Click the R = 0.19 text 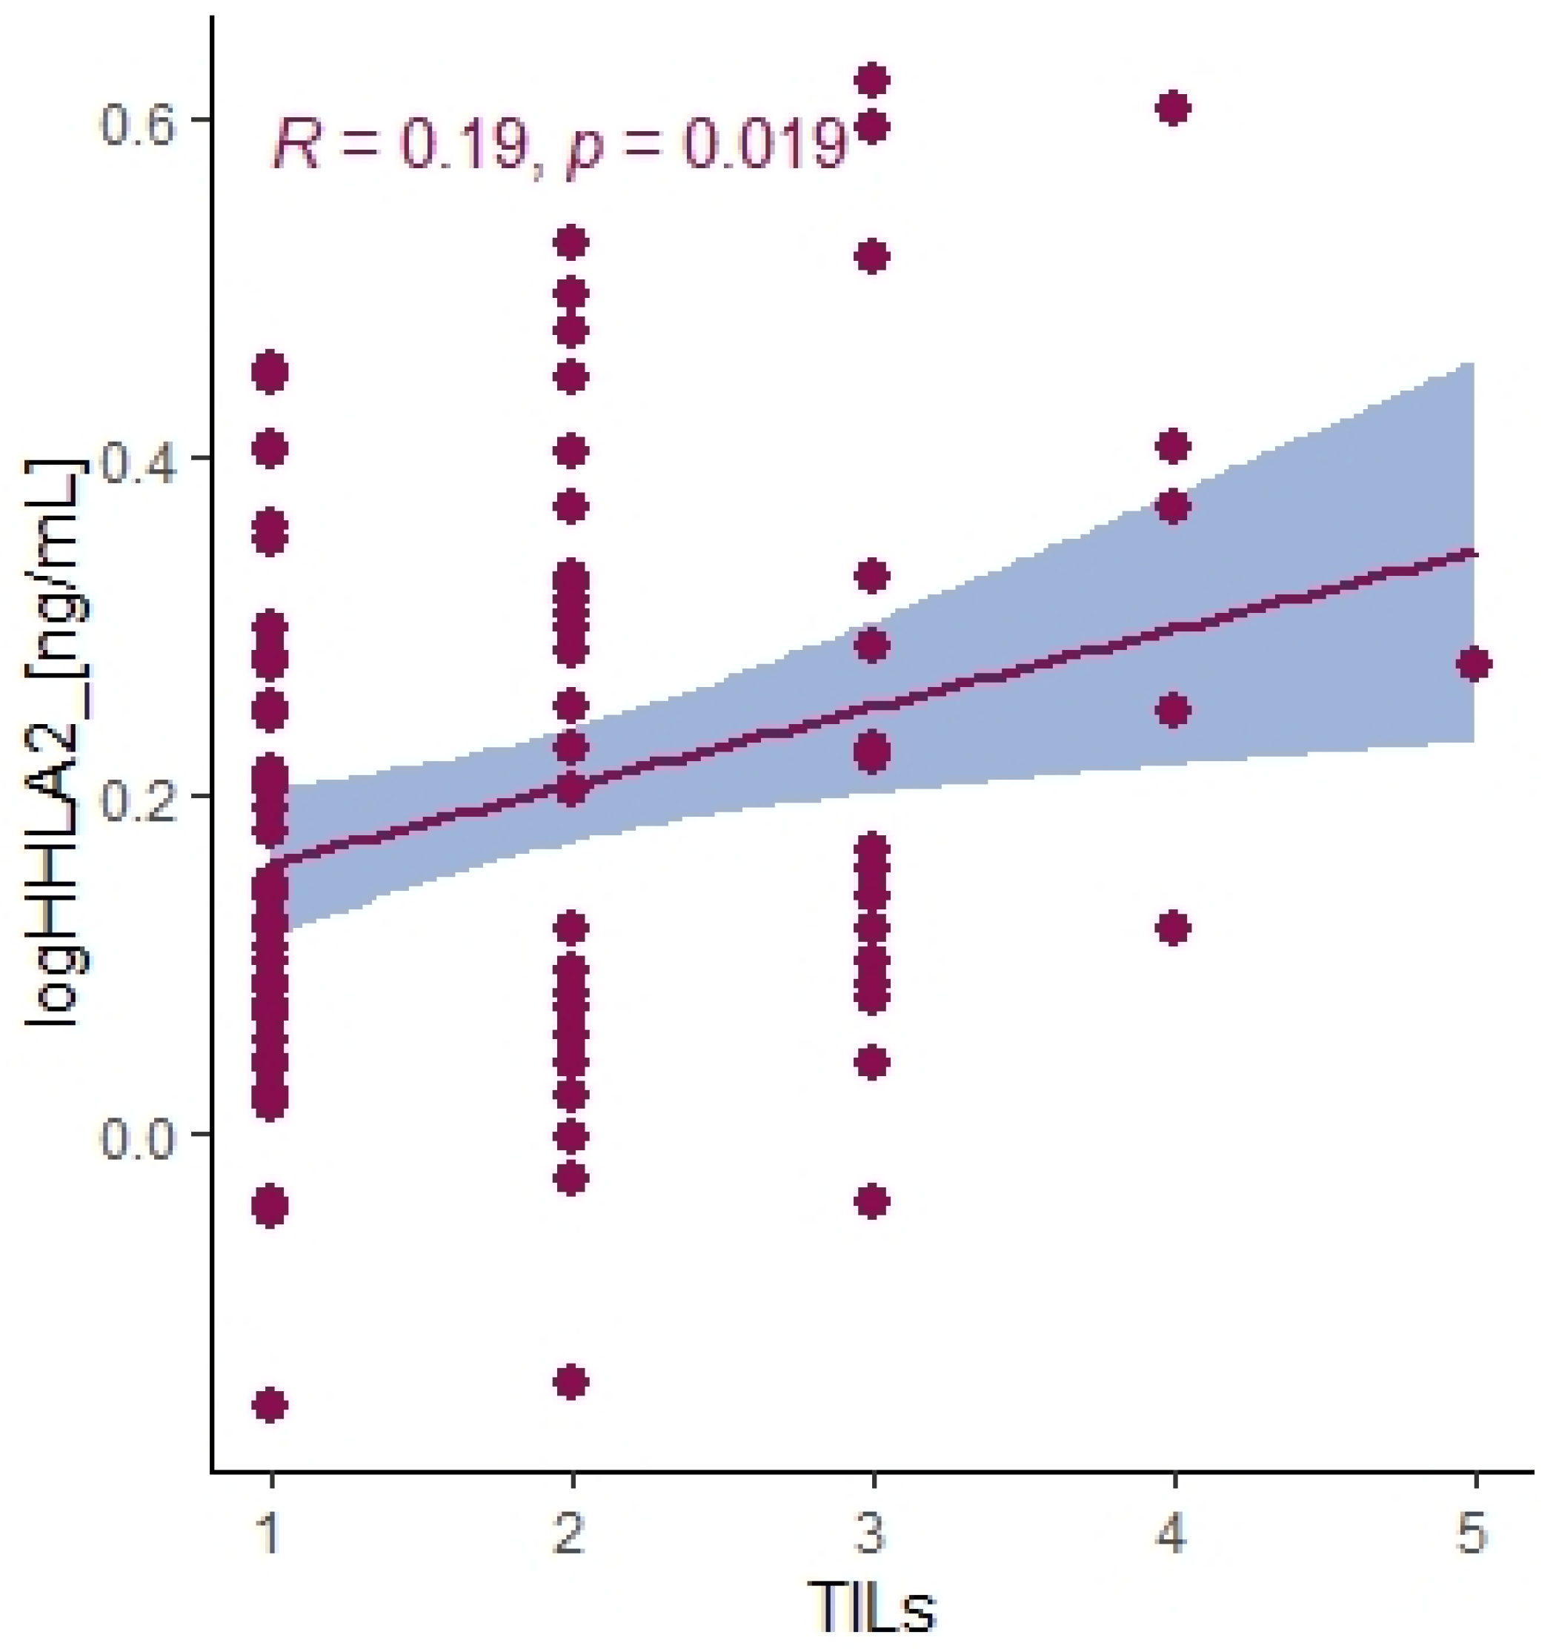pyautogui.click(x=396, y=143)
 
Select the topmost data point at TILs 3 pyautogui.click(x=871, y=81)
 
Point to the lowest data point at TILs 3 pyautogui.click(x=871, y=1201)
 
